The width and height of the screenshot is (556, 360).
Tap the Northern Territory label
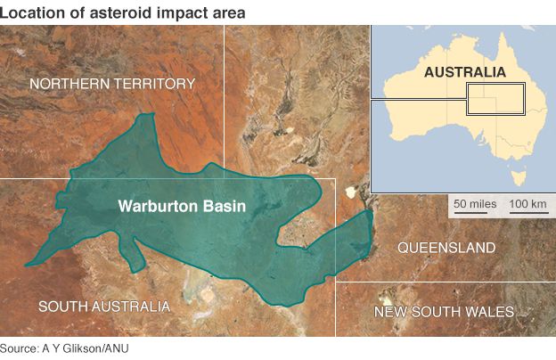pos(112,84)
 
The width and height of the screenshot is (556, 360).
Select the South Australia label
pos(104,306)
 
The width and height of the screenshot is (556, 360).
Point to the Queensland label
pos(446,246)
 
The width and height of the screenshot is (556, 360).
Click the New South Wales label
pos(444,311)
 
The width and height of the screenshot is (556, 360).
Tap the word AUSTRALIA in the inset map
pos(464,71)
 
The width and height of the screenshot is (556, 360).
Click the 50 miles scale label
pos(475,204)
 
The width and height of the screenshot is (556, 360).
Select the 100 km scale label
pos(527,204)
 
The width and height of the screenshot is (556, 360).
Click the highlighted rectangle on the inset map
pos(495,99)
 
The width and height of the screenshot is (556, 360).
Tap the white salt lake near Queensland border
pos(350,190)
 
